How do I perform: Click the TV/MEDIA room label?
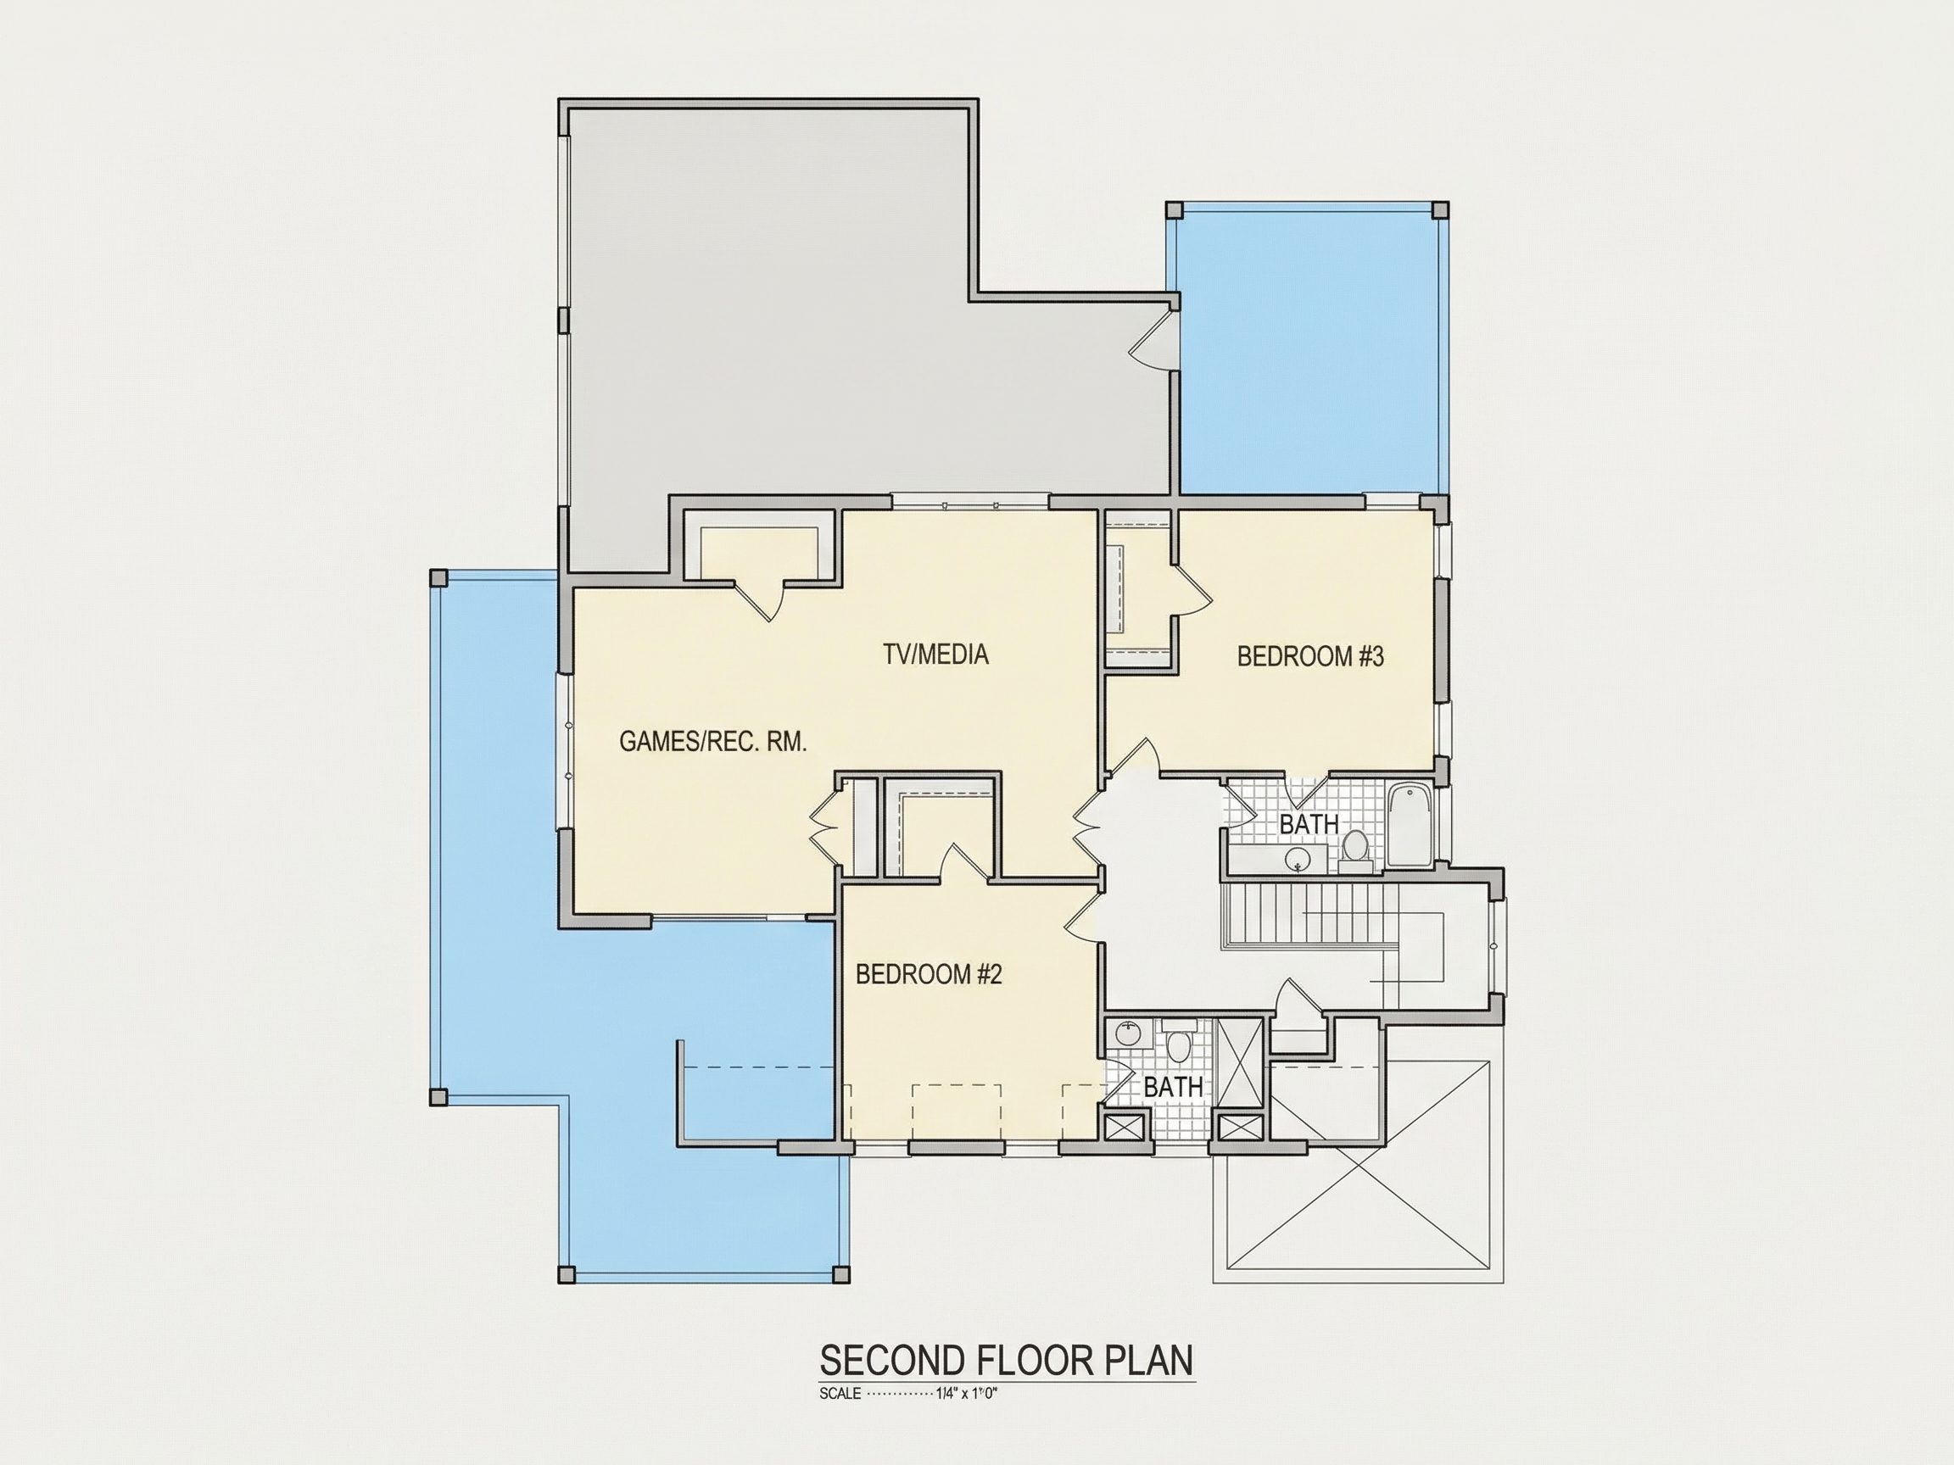pos(935,655)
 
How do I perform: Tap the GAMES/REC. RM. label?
pos(713,742)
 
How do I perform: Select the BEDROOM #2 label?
pos(930,975)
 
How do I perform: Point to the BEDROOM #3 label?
pos(1310,656)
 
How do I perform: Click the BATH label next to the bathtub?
pos(1309,824)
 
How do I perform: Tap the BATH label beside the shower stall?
pos(1173,1087)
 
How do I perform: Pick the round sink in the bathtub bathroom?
pos(1298,857)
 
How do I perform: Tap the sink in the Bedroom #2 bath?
pos(1127,1033)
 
